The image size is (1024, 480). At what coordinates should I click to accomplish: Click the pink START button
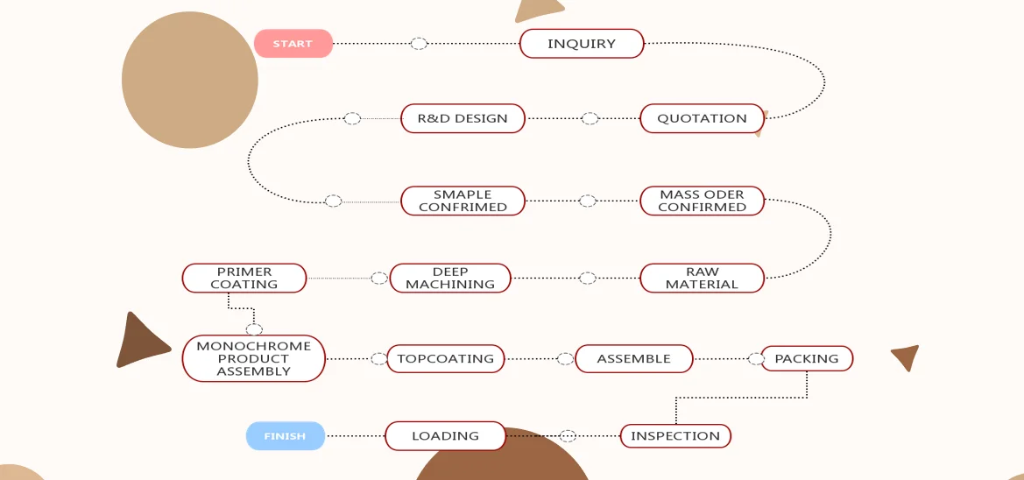(293, 44)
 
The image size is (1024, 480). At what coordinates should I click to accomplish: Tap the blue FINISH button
(285, 435)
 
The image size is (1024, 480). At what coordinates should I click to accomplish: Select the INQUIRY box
(582, 44)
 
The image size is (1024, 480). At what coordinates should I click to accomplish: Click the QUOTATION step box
(702, 118)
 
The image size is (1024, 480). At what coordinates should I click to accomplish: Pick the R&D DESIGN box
(463, 118)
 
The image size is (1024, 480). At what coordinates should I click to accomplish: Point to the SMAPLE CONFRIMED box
(463, 201)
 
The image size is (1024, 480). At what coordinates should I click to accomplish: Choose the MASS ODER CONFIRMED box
(702, 201)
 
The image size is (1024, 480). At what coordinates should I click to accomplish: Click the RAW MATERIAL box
(702, 278)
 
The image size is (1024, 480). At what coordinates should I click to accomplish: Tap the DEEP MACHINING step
(449, 278)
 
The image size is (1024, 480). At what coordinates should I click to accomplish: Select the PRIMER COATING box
(244, 278)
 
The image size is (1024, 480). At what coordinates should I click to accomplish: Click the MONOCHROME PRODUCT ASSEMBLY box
(253, 358)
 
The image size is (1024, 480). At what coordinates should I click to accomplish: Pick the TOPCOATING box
(445, 358)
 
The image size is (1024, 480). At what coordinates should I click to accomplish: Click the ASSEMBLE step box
(633, 358)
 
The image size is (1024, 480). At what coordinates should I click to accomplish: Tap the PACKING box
(806, 358)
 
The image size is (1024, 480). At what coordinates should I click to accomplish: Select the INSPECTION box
(674, 435)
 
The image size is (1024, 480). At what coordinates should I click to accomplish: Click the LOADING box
(445, 435)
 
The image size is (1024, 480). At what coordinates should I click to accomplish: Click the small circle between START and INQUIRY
(419, 44)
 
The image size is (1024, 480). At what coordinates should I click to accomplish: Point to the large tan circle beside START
(189, 80)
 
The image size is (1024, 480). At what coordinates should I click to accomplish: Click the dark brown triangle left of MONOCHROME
(140, 342)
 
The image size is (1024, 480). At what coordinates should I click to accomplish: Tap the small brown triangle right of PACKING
(907, 356)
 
